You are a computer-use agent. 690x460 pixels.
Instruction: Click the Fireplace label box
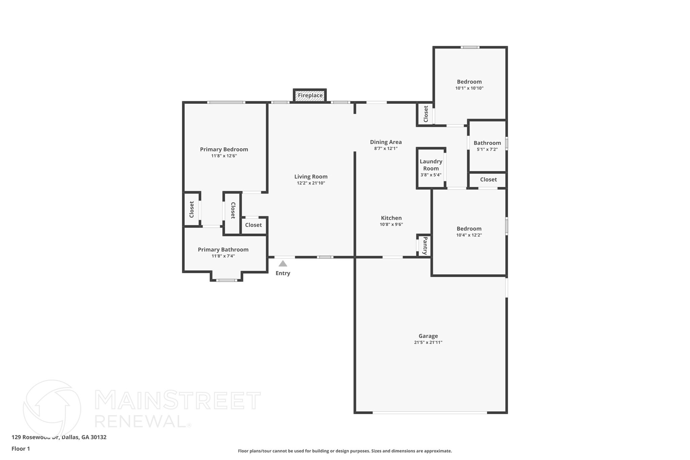[x=310, y=95]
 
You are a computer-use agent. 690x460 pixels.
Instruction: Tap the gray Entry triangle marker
[x=283, y=264]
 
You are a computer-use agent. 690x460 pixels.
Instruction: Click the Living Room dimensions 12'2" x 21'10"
[x=311, y=183]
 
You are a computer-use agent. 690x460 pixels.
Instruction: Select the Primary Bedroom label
[x=224, y=149]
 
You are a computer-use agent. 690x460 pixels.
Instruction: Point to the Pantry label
[x=425, y=245]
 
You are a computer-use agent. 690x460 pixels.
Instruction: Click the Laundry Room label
[x=431, y=165]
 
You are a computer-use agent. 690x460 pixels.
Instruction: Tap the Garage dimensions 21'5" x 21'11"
[x=428, y=342]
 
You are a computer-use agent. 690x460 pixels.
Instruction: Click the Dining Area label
[x=386, y=142]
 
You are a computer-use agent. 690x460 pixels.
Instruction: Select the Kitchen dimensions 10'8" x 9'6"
[x=391, y=224]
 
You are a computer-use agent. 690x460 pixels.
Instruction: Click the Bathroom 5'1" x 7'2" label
[x=487, y=143]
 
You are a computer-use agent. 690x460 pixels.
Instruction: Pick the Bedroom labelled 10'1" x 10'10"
[x=469, y=82]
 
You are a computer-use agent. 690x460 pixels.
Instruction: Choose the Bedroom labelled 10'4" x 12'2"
[x=469, y=228]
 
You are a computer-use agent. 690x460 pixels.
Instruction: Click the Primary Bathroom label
[x=223, y=249]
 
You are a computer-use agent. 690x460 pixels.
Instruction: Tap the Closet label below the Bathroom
[x=488, y=180]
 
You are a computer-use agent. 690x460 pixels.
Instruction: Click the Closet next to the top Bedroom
[x=426, y=114]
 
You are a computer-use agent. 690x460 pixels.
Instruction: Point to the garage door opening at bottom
[x=430, y=412]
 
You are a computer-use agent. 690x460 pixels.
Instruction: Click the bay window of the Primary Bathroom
[x=226, y=280]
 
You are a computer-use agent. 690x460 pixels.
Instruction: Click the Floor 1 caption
[x=21, y=449]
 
